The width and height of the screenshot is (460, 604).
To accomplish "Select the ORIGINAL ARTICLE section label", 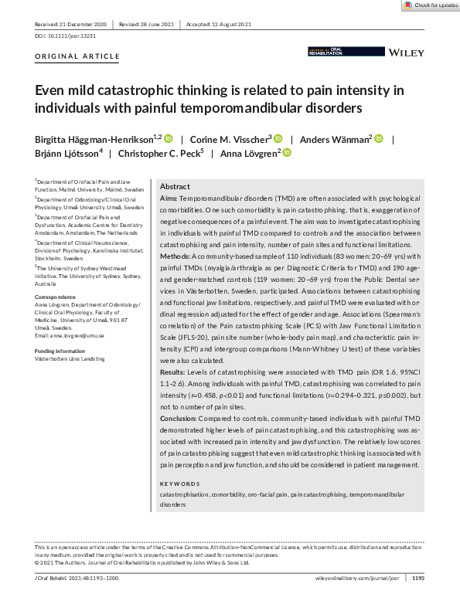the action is (77, 56).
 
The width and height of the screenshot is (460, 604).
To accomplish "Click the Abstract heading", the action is (175, 187).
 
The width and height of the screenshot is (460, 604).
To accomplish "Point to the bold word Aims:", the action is (170, 199).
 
